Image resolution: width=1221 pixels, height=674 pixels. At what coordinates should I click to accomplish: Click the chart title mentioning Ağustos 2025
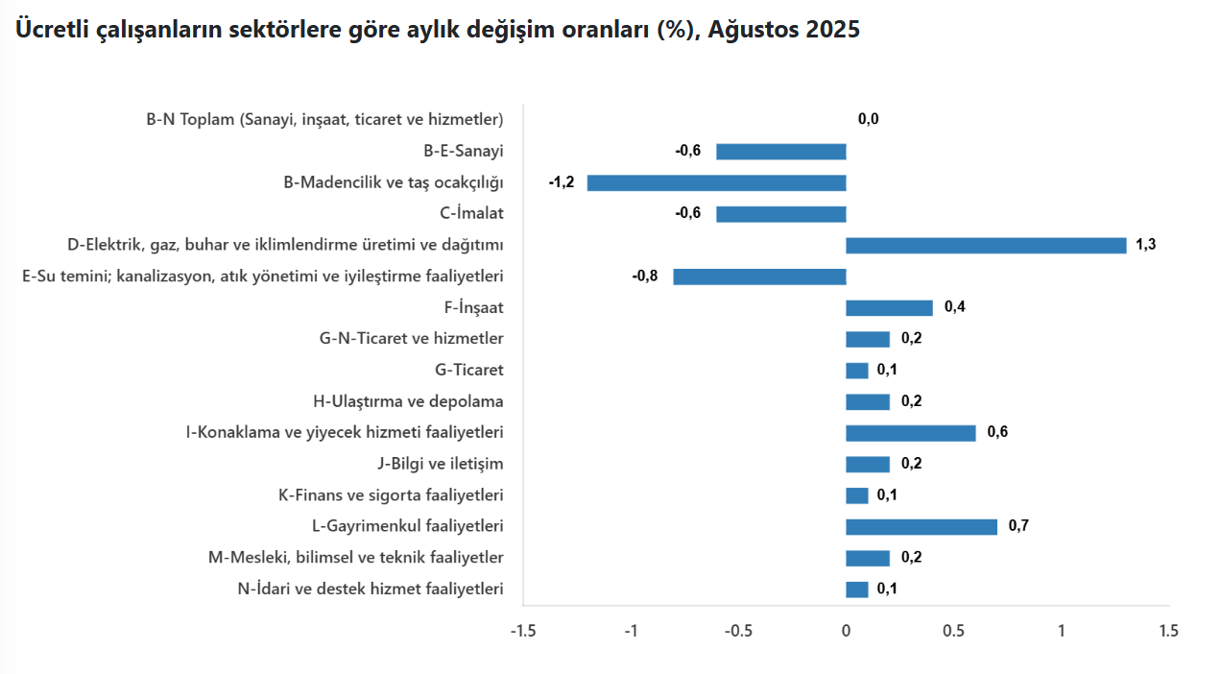(x=437, y=30)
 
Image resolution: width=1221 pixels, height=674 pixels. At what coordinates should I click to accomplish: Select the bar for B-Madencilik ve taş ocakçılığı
(x=716, y=182)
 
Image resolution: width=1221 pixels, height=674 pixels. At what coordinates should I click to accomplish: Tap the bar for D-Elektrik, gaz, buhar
(x=986, y=246)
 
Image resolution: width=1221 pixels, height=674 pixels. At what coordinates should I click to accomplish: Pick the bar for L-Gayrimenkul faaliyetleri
(x=922, y=526)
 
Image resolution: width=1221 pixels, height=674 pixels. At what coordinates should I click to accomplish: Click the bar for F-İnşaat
(x=889, y=308)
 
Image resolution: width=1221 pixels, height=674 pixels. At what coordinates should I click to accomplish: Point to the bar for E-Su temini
(x=759, y=277)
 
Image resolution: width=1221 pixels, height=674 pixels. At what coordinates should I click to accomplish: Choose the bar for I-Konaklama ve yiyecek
(x=910, y=433)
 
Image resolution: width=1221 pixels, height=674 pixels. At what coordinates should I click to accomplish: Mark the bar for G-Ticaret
(x=856, y=371)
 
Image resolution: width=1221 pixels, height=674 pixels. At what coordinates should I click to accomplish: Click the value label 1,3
(x=1145, y=245)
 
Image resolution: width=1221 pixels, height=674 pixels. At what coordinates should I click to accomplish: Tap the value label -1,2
(x=562, y=182)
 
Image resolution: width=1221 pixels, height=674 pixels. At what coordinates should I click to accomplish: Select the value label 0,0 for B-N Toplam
(x=868, y=119)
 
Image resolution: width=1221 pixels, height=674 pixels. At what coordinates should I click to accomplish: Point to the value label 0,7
(x=1018, y=526)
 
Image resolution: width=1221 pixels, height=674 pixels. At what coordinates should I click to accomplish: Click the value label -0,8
(x=645, y=277)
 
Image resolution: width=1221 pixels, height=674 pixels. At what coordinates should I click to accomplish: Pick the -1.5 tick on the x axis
(x=523, y=631)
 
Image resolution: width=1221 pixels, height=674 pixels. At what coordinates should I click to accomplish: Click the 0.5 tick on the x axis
(x=953, y=631)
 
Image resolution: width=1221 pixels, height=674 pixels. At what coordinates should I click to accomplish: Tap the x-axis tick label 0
(x=846, y=631)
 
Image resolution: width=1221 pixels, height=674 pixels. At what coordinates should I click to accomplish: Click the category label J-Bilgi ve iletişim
(x=441, y=464)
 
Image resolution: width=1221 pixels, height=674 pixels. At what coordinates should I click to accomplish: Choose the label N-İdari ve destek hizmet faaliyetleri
(x=371, y=589)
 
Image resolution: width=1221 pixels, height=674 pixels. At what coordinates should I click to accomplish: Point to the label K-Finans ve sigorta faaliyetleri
(x=391, y=495)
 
